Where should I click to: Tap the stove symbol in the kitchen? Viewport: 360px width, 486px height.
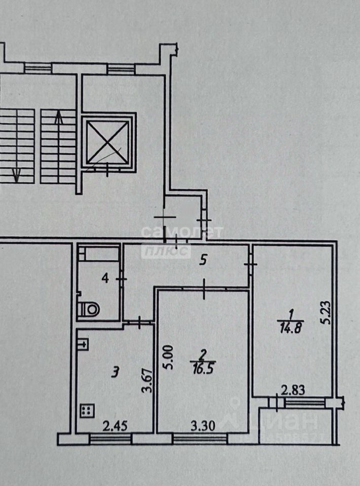87,410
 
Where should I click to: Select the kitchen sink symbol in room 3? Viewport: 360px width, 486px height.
84,345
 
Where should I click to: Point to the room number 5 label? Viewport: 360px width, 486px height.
204,260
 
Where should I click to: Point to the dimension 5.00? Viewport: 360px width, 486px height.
168,357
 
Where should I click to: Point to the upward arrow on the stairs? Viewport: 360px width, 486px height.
59,119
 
